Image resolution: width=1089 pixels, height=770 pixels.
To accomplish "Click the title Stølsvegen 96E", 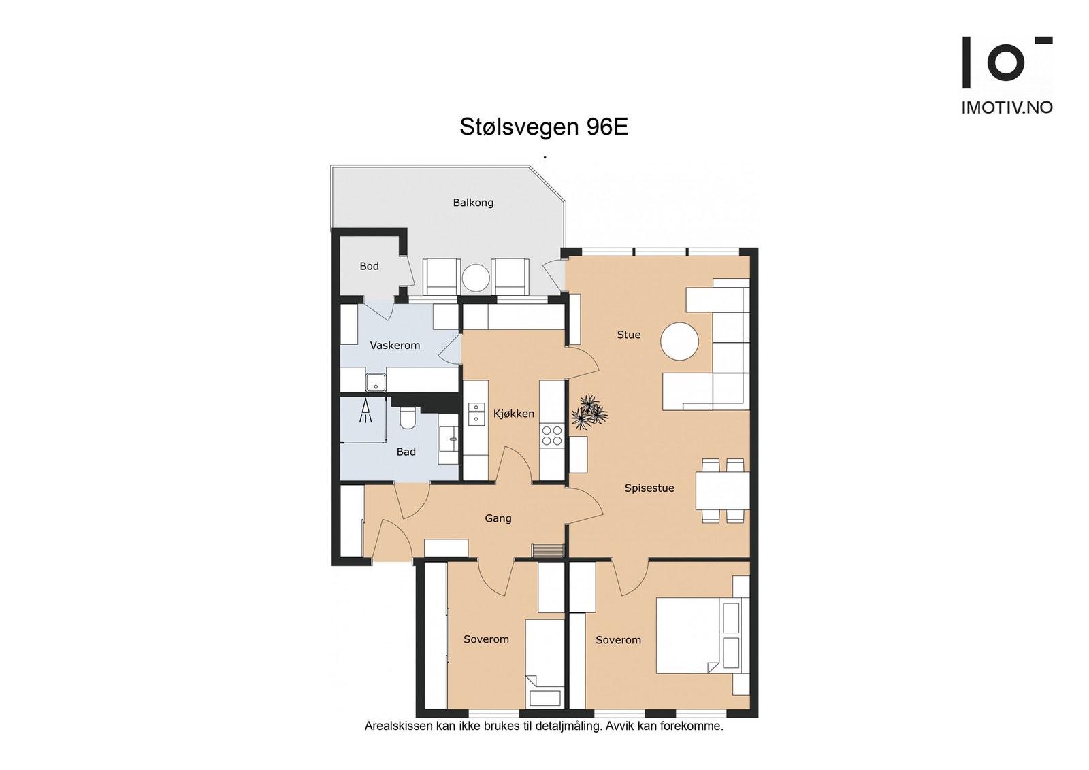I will point(543,127).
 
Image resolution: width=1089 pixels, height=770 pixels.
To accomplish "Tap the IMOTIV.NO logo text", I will point(1007,107).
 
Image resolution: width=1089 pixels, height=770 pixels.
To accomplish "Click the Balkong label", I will point(473,203).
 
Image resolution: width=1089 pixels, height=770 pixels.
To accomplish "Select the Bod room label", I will point(369,266).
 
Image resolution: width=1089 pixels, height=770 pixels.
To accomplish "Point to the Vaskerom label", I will point(395,346).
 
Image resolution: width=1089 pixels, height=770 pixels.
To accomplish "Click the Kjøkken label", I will point(514,414).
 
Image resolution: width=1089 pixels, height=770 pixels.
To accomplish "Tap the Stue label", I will point(628,335).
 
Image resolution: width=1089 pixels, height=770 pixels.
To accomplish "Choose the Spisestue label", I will point(649,488).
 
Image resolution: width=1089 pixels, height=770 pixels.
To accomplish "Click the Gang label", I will point(498,518).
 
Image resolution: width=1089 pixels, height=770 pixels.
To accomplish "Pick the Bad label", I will point(406,452).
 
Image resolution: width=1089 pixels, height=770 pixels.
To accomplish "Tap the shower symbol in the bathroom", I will point(366,411).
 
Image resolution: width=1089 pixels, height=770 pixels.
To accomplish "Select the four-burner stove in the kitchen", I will point(551,435).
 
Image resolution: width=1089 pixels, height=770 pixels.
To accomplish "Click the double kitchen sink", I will point(476,413).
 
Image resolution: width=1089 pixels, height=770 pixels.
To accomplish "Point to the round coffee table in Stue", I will point(679,341).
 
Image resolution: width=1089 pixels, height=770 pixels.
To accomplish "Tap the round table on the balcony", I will point(475,278).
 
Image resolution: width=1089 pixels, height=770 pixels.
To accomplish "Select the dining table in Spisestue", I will point(722,490).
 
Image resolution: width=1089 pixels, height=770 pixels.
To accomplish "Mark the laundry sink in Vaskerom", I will point(376,383).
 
